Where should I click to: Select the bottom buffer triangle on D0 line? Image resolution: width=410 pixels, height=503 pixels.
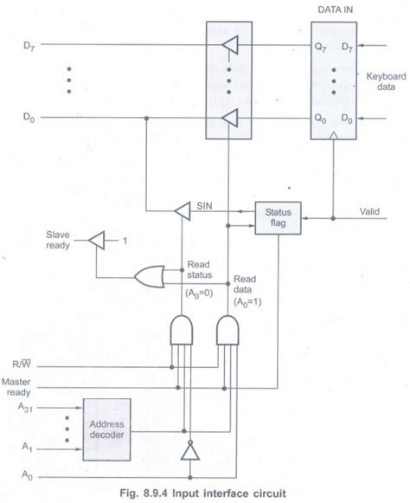click(x=227, y=115)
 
